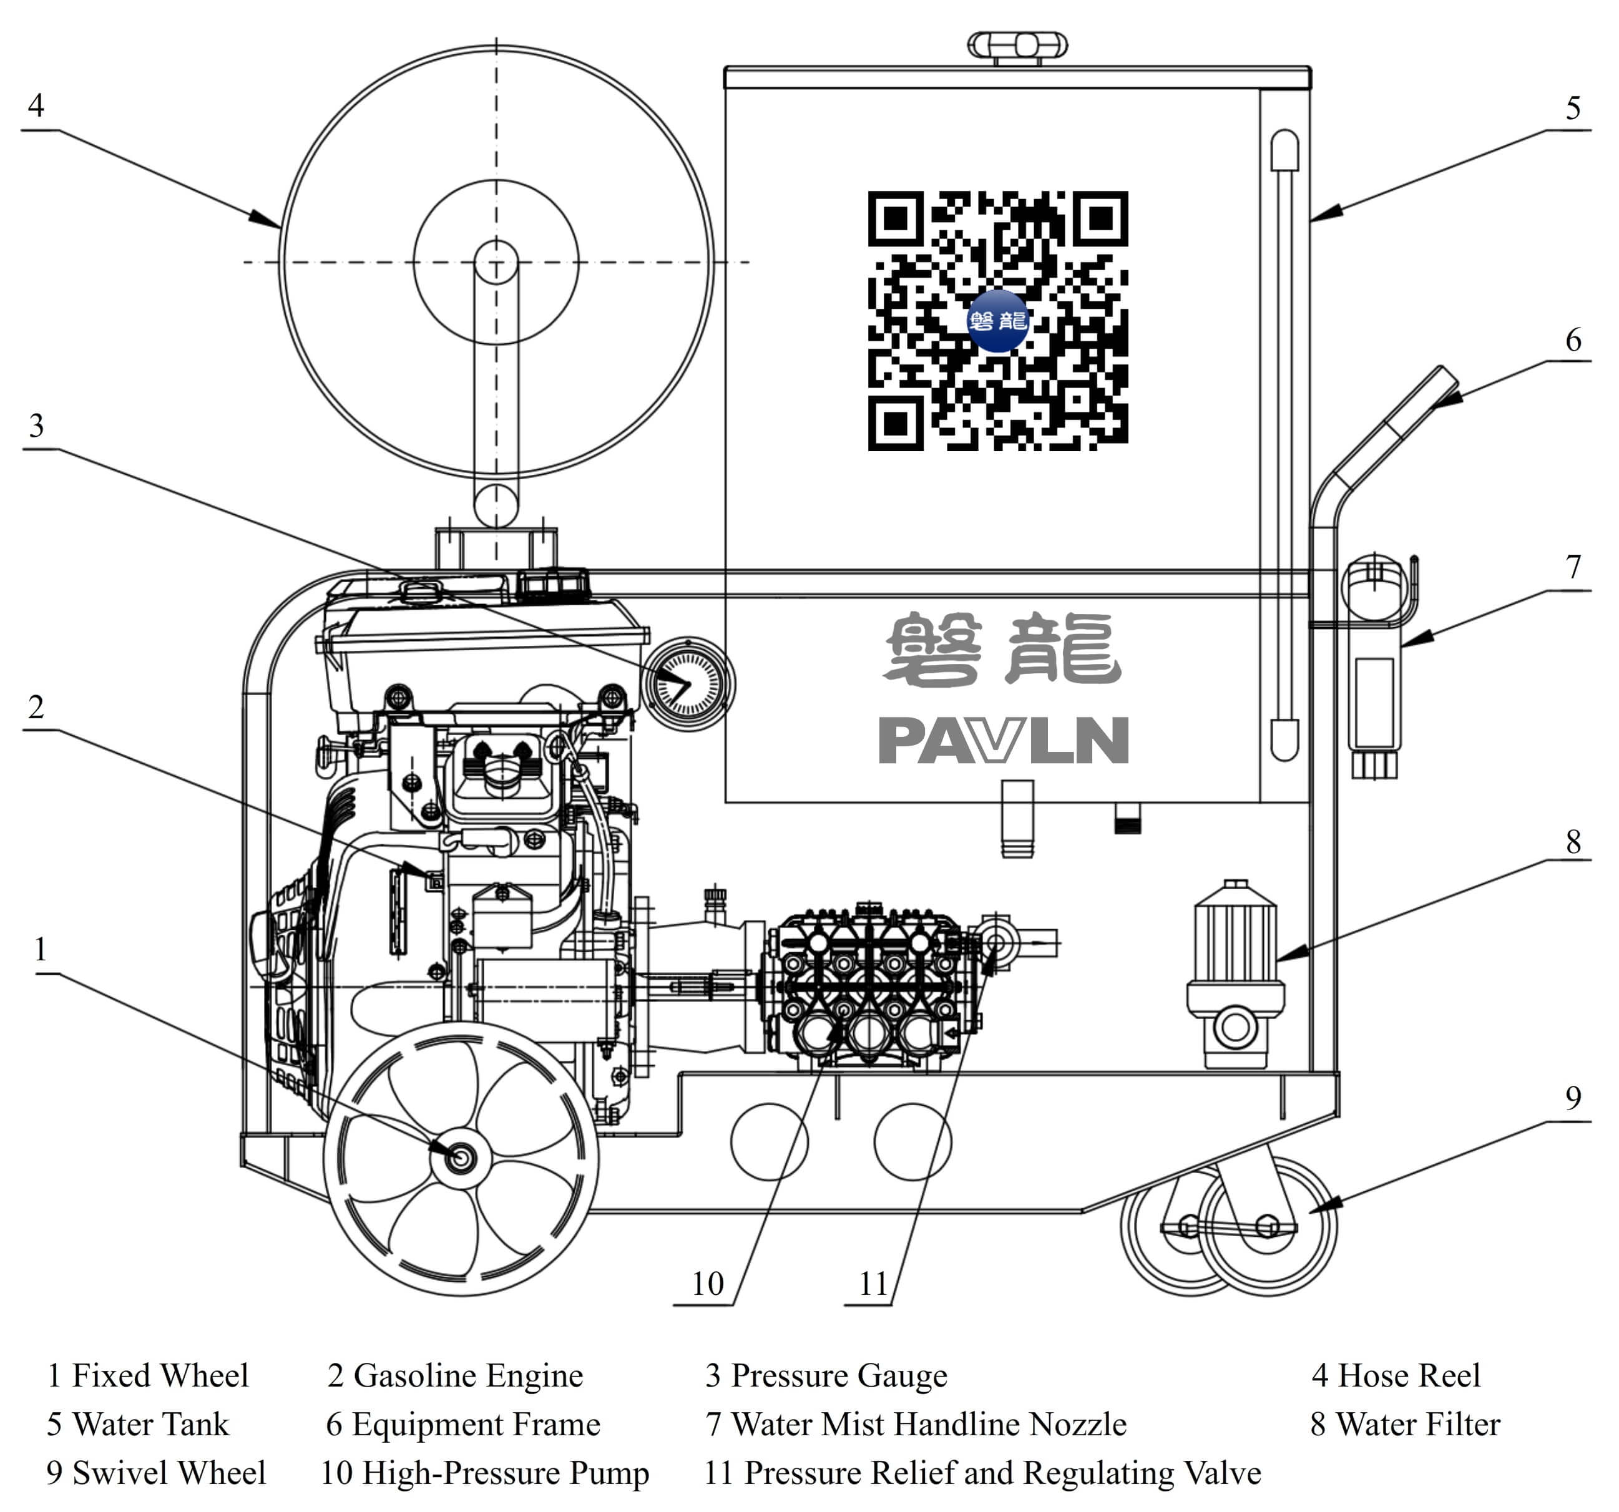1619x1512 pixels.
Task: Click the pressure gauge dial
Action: (688, 684)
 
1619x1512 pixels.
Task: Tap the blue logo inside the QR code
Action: (997, 321)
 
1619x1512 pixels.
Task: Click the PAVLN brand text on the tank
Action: (1004, 740)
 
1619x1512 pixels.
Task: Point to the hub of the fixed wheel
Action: (461, 1157)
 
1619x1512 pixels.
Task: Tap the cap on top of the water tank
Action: (1017, 46)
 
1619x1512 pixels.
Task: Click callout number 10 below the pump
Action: (707, 1284)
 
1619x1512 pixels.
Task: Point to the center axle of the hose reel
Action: (496, 262)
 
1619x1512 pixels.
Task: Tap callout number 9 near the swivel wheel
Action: (1573, 1098)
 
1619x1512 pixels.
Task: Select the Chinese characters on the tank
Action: (1004, 649)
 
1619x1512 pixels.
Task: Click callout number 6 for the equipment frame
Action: (1573, 340)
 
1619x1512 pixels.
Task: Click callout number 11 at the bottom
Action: (874, 1284)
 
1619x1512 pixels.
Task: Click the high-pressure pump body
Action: (869, 985)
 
